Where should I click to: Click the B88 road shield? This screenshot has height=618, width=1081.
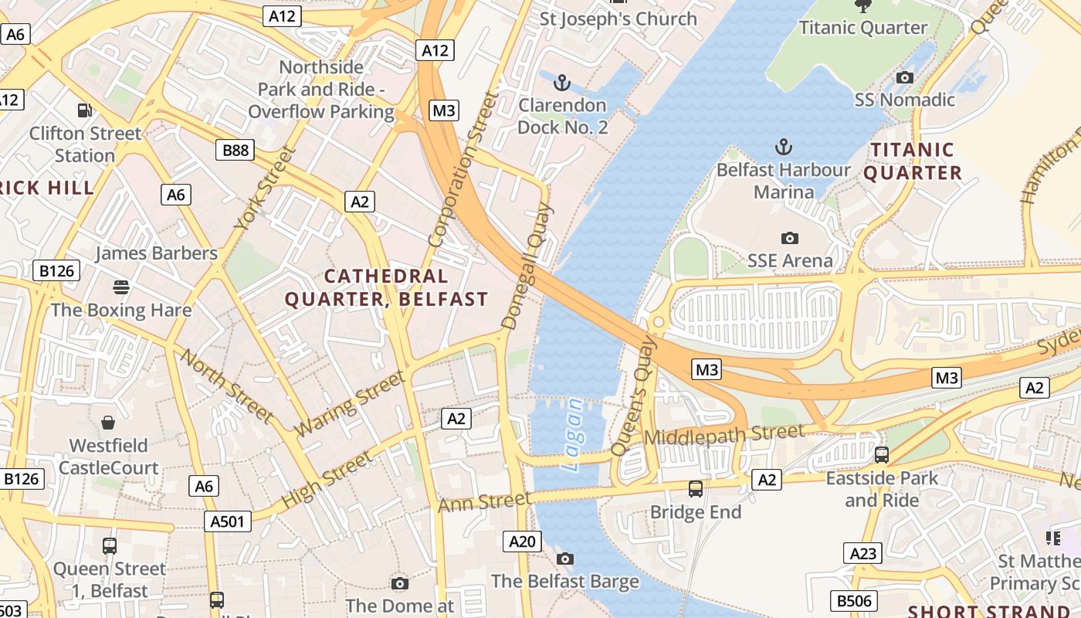click(236, 150)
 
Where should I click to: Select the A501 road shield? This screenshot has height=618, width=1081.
click(229, 521)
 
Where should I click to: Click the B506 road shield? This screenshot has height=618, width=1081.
click(854, 600)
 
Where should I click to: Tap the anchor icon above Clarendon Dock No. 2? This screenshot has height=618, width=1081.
click(562, 81)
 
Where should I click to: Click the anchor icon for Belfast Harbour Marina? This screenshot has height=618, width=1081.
click(784, 146)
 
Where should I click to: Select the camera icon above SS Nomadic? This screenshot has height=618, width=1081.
click(905, 77)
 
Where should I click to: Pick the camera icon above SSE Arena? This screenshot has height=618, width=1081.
click(789, 238)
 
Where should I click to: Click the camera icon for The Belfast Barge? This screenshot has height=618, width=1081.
click(565, 559)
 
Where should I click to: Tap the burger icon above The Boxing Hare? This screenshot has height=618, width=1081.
click(120, 287)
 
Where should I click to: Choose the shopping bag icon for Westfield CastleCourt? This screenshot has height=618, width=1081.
click(108, 423)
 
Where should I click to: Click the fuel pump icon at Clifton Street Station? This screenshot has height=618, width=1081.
click(84, 110)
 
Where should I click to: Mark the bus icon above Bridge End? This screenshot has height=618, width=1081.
click(696, 488)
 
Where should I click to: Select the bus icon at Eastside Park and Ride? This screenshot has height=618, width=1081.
click(882, 454)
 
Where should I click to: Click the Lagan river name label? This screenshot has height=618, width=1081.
click(573, 435)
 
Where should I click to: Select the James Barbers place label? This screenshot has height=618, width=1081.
click(156, 253)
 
